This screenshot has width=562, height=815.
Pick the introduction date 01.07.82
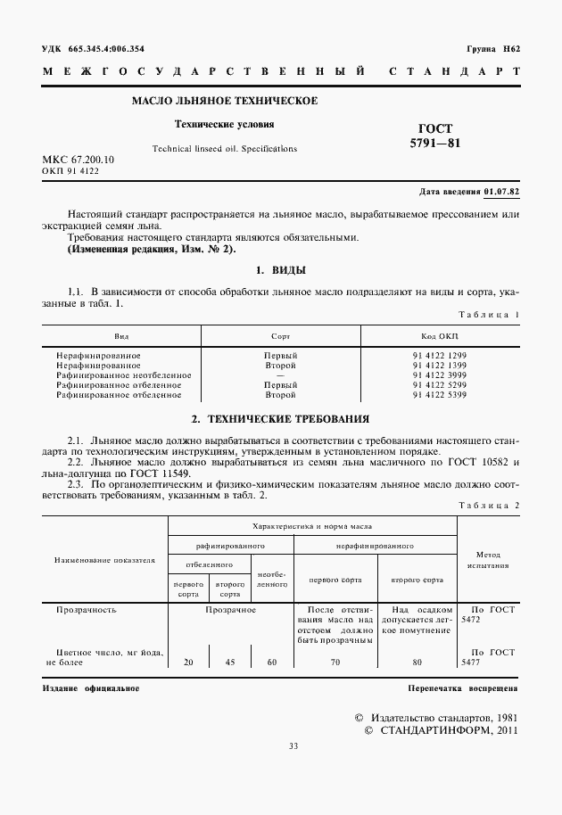(501, 192)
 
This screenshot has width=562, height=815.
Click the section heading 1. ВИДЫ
(281, 270)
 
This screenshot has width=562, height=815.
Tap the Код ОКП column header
(439, 336)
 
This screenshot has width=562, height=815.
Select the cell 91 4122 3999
(439, 375)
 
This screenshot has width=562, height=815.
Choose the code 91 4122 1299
(439, 355)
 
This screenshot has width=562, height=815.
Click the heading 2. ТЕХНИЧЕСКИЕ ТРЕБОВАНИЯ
(281, 418)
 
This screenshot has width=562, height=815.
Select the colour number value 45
(230, 663)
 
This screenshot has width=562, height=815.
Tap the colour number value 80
(417, 663)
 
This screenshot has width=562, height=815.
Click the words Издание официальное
(91, 688)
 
